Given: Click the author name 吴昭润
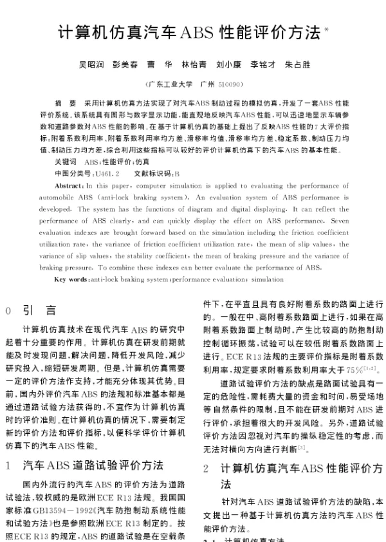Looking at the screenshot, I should pyautogui.click(x=91, y=64).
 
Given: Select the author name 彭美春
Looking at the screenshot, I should pyautogui.click(x=125, y=64).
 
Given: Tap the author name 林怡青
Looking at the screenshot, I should pyautogui.click(x=194, y=64).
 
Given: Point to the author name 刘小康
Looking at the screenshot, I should pyautogui.click(x=229, y=64).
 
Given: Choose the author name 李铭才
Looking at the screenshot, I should pyautogui.click(x=263, y=64).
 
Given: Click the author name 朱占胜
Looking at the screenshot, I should pyautogui.click(x=297, y=64).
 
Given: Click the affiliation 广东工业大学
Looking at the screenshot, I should pyautogui.click(x=169, y=84).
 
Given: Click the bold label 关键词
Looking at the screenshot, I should pyautogui.click(x=66, y=162).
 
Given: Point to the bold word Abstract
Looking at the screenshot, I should pyautogui.click(x=68, y=185).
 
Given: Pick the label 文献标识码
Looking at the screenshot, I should pyautogui.click(x=152, y=174).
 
